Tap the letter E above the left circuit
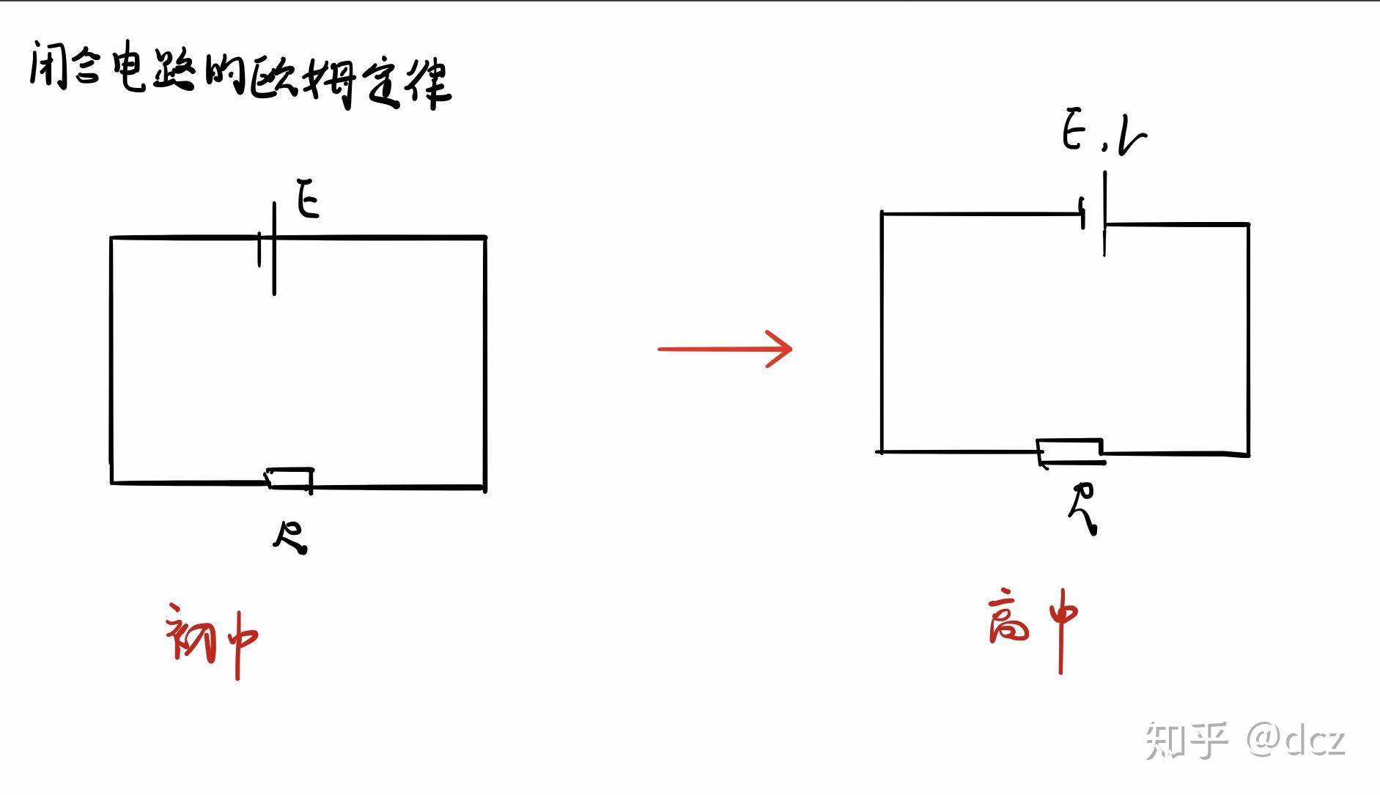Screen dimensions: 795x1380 [308, 199]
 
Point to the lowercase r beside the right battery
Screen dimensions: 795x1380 [1132, 137]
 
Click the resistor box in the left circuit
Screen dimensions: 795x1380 [289, 478]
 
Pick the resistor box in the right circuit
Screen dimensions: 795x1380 [1070, 451]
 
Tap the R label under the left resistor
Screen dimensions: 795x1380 [291, 537]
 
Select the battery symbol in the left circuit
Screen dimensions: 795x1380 [268, 249]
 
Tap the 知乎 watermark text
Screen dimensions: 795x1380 [1186, 740]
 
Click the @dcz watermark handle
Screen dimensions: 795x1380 [1296, 740]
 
